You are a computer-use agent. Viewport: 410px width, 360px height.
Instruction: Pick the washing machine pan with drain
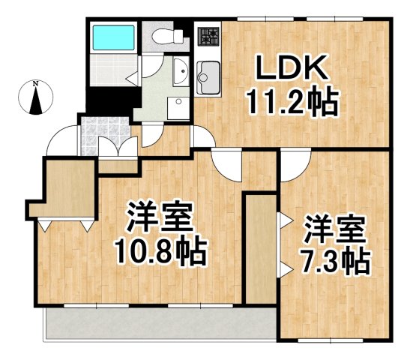(x=177, y=108)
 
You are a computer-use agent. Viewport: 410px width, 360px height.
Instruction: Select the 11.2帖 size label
(x=293, y=102)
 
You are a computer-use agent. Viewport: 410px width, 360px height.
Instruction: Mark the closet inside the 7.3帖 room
(x=260, y=247)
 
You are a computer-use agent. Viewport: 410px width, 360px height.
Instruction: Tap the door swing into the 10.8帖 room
(x=226, y=161)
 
